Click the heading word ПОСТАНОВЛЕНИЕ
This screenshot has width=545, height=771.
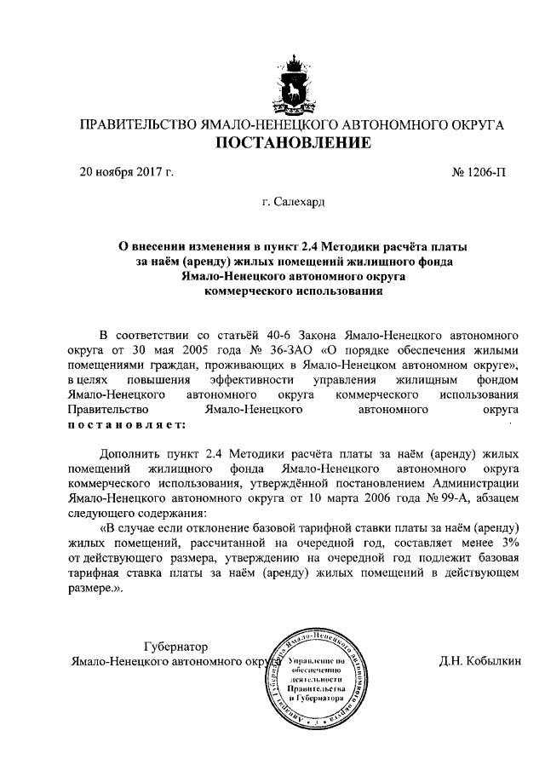[292, 142]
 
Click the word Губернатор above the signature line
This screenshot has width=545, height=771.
[175, 647]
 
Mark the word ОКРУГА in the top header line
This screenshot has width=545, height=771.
[474, 125]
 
